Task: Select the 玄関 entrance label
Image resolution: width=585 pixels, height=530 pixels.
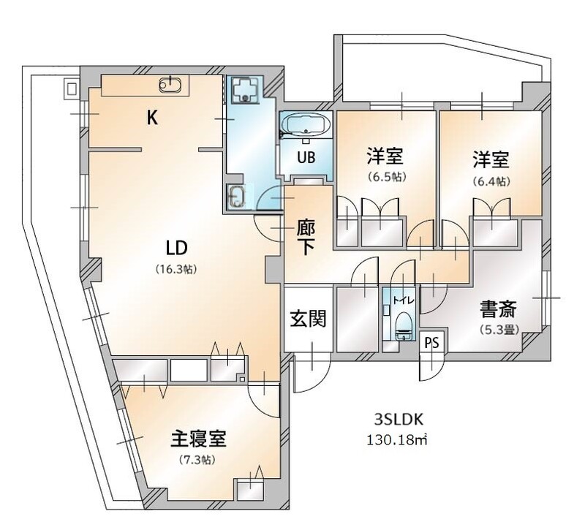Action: click(308, 319)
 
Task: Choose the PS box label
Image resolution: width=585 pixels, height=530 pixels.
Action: click(432, 343)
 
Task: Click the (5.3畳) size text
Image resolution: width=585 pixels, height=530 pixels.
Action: click(499, 329)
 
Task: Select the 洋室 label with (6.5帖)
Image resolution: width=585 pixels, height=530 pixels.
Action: click(385, 157)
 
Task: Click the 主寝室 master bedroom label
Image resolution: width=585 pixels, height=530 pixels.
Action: click(198, 439)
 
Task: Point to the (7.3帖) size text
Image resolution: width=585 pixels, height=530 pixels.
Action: click(197, 460)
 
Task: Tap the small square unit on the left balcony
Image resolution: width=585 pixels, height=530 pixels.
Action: click(71, 89)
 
